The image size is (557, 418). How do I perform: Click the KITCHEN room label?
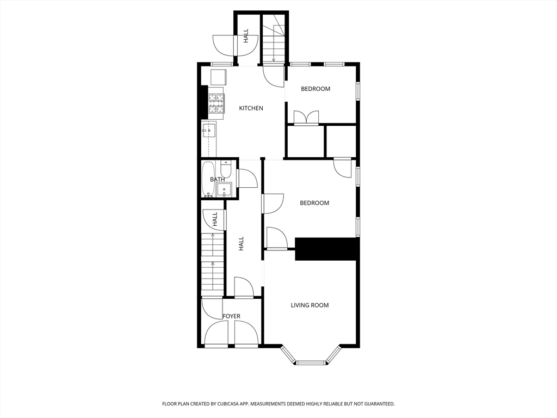coord(251,108)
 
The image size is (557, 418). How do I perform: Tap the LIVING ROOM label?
coord(310,305)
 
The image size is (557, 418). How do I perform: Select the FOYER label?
coord(231,316)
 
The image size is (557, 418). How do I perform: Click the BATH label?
coord(217,179)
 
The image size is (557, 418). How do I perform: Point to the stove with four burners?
coord(216,103)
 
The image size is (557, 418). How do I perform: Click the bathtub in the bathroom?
coord(208,179)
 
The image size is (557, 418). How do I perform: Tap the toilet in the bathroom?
coord(226,169)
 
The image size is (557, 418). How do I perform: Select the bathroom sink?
coord(224,189)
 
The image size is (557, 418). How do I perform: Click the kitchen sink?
coord(209,131)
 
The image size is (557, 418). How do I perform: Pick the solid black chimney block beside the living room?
coord(325,249)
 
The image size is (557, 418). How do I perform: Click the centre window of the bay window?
coord(311,362)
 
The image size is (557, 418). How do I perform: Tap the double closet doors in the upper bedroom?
coord(306,118)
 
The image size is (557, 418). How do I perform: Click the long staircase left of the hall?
coord(213,265)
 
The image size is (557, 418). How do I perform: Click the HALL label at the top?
coord(246,36)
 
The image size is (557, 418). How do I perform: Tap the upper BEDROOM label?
coord(315,89)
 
